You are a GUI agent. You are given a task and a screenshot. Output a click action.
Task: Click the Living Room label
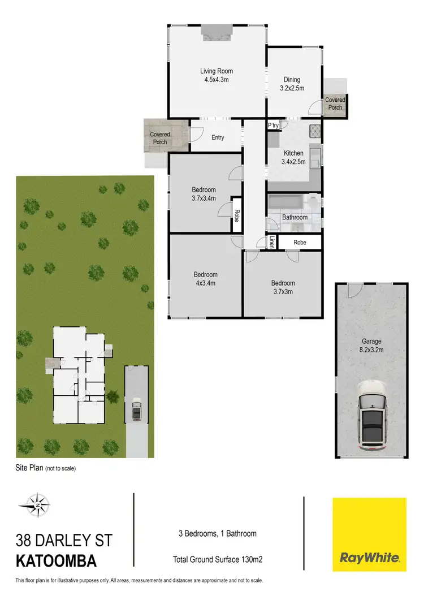coord(216,71)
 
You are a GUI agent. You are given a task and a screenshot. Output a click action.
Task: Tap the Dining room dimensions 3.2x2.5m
coord(292,88)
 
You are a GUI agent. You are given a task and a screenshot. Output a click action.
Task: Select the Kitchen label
coord(293,153)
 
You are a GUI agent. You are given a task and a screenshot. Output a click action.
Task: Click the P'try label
coord(273,126)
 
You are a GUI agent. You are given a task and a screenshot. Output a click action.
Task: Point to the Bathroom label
coord(295,217)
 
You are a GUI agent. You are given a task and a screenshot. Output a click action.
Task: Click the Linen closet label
coord(272,242)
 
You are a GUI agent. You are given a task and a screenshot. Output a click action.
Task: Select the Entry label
coord(218,137)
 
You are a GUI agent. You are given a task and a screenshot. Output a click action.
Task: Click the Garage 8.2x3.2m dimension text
coord(371,350)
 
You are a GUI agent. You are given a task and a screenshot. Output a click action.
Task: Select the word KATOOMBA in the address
coord(56,562)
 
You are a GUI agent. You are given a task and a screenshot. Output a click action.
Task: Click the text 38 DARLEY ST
coord(64,539)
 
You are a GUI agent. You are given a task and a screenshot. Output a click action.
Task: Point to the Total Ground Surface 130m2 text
coord(217,560)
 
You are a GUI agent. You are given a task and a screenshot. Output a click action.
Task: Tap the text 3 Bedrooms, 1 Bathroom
coord(218,533)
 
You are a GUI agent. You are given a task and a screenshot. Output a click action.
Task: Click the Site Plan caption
coord(46,468)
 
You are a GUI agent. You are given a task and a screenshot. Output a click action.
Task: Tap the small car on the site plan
coord(136,411)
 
